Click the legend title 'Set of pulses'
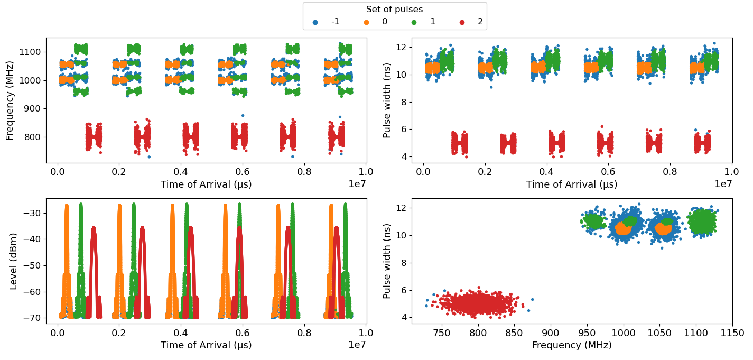[394, 9]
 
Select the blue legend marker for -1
[315, 22]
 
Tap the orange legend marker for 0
[365, 22]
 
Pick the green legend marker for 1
[414, 22]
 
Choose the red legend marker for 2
[462, 22]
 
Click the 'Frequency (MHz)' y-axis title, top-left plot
[10, 100]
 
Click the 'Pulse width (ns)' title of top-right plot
[387, 100]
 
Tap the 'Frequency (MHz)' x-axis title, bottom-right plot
[572, 345]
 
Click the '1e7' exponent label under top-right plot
[723, 183]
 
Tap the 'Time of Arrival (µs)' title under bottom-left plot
[206, 345]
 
